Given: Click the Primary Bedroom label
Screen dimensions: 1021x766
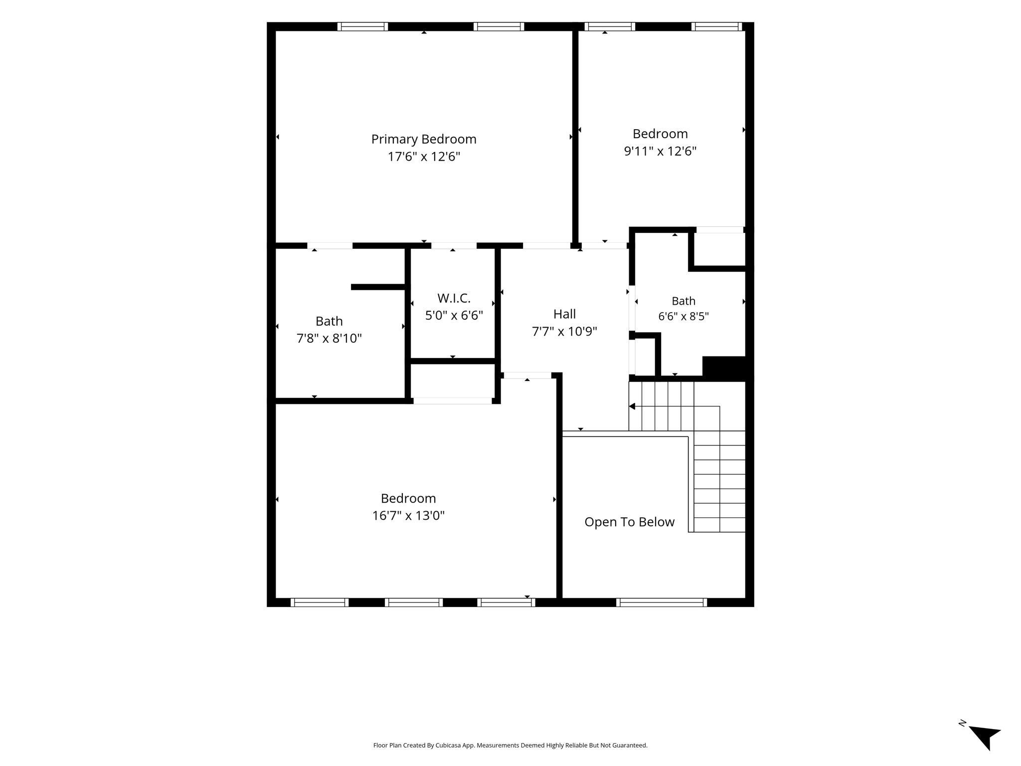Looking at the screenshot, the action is [x=424, y=139].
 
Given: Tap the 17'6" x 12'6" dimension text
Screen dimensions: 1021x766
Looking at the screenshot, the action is [x=424, y=157].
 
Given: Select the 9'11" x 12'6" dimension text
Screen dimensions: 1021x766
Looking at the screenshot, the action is [x=660, y=151].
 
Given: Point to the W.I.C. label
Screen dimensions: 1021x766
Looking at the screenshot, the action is [x=454, y=298].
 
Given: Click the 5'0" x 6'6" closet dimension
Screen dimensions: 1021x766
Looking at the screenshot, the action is [x=454, y=315].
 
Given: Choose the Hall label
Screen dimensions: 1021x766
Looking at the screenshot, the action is [x=564, y=314].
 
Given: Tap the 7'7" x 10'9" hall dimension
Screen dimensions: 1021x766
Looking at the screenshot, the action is [x=564, y=331].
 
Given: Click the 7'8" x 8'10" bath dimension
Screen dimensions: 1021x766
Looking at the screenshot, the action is [x=329, y=338].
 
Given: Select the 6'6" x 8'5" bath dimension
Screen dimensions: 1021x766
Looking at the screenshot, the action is [x=683, y=317].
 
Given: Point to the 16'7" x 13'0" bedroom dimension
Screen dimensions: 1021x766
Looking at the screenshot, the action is [x=408, y=515].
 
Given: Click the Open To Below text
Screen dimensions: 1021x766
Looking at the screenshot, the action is [x=629, y=522].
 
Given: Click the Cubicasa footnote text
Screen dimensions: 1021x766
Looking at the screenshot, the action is [x=510, y=746].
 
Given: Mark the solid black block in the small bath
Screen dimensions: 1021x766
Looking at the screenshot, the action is [x=724, y=368].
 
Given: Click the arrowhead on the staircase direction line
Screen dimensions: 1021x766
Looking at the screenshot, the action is [x=632, y=406].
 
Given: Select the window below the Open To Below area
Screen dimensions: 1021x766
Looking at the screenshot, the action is [x=662, y=602].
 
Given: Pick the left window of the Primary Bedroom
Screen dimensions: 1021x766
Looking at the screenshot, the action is [x=362, y=26].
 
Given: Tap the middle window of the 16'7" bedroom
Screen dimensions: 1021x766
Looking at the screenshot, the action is [x=414, y=602].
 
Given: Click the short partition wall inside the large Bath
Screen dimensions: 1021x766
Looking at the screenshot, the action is [x=379, y=287].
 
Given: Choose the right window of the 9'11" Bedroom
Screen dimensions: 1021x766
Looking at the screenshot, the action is [x=717, y=26].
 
